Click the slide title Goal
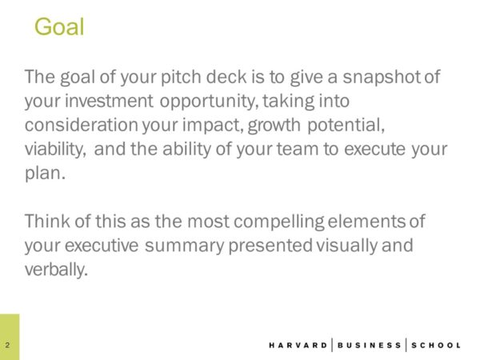pos(59,28)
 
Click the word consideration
pos(77,126)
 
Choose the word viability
pos(57,150)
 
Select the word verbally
pos(55,269)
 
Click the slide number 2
pos(7,345)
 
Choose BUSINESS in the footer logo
pos(370,345)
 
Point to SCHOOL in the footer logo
pos(437,345)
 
